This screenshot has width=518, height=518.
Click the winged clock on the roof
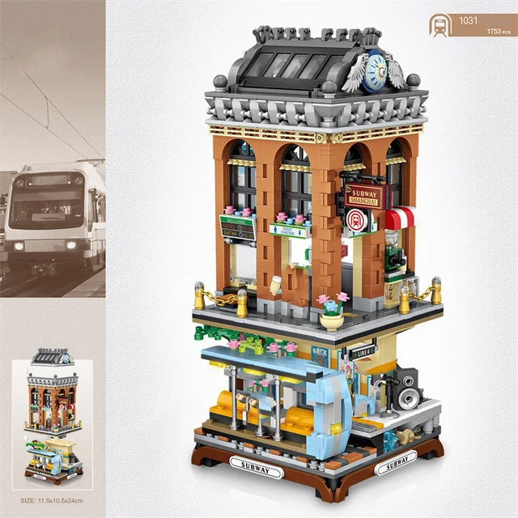(x=374, y=72)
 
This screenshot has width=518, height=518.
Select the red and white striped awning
(x=398, y=217)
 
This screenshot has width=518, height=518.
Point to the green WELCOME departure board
(x=237, y=227)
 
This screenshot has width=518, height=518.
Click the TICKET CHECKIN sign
(x=289, y=231)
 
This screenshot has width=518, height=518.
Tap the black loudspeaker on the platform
(x=408, y=390)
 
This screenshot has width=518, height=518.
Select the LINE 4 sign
(x=363, y=353)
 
